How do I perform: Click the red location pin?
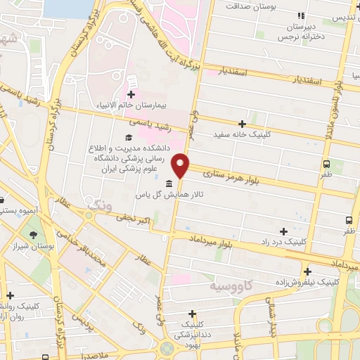click(x=181, y=165)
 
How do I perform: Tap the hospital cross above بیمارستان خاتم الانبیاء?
click(x=131, y=94)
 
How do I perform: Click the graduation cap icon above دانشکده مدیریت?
click(x=128, y=136)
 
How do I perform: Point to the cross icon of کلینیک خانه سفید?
click(x=243, y=124)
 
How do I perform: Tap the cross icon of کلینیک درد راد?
click(x=284, y=231)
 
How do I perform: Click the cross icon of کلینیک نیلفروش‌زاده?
click(x=307, y=271)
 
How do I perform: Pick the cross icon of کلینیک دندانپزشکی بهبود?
click(x=192, y=314)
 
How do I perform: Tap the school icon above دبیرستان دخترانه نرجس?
click(x=302, y=15)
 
